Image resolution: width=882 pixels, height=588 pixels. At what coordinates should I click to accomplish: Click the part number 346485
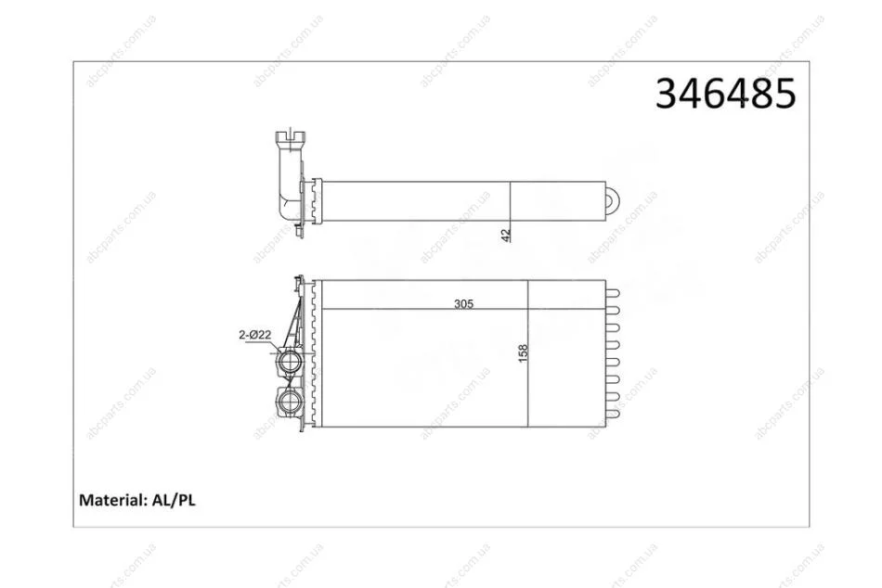(726, 94)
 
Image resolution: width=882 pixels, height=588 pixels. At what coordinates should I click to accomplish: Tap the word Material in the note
(111, 500)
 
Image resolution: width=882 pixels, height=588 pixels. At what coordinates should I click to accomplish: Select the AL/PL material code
(174, 500)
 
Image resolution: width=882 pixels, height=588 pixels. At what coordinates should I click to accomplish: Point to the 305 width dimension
(463, 303)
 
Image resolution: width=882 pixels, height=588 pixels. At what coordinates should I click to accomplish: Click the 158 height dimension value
(523, 353)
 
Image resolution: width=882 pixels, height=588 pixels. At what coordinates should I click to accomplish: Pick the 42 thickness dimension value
(506, 235)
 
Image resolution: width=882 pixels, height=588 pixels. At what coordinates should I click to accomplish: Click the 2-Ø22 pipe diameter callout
(254, 335)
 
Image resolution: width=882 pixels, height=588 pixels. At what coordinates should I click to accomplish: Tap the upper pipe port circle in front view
(291, 360)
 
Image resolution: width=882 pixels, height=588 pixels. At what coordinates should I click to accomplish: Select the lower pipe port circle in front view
(291, 402)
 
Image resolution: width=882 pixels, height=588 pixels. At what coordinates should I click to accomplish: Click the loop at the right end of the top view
(613, 200)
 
